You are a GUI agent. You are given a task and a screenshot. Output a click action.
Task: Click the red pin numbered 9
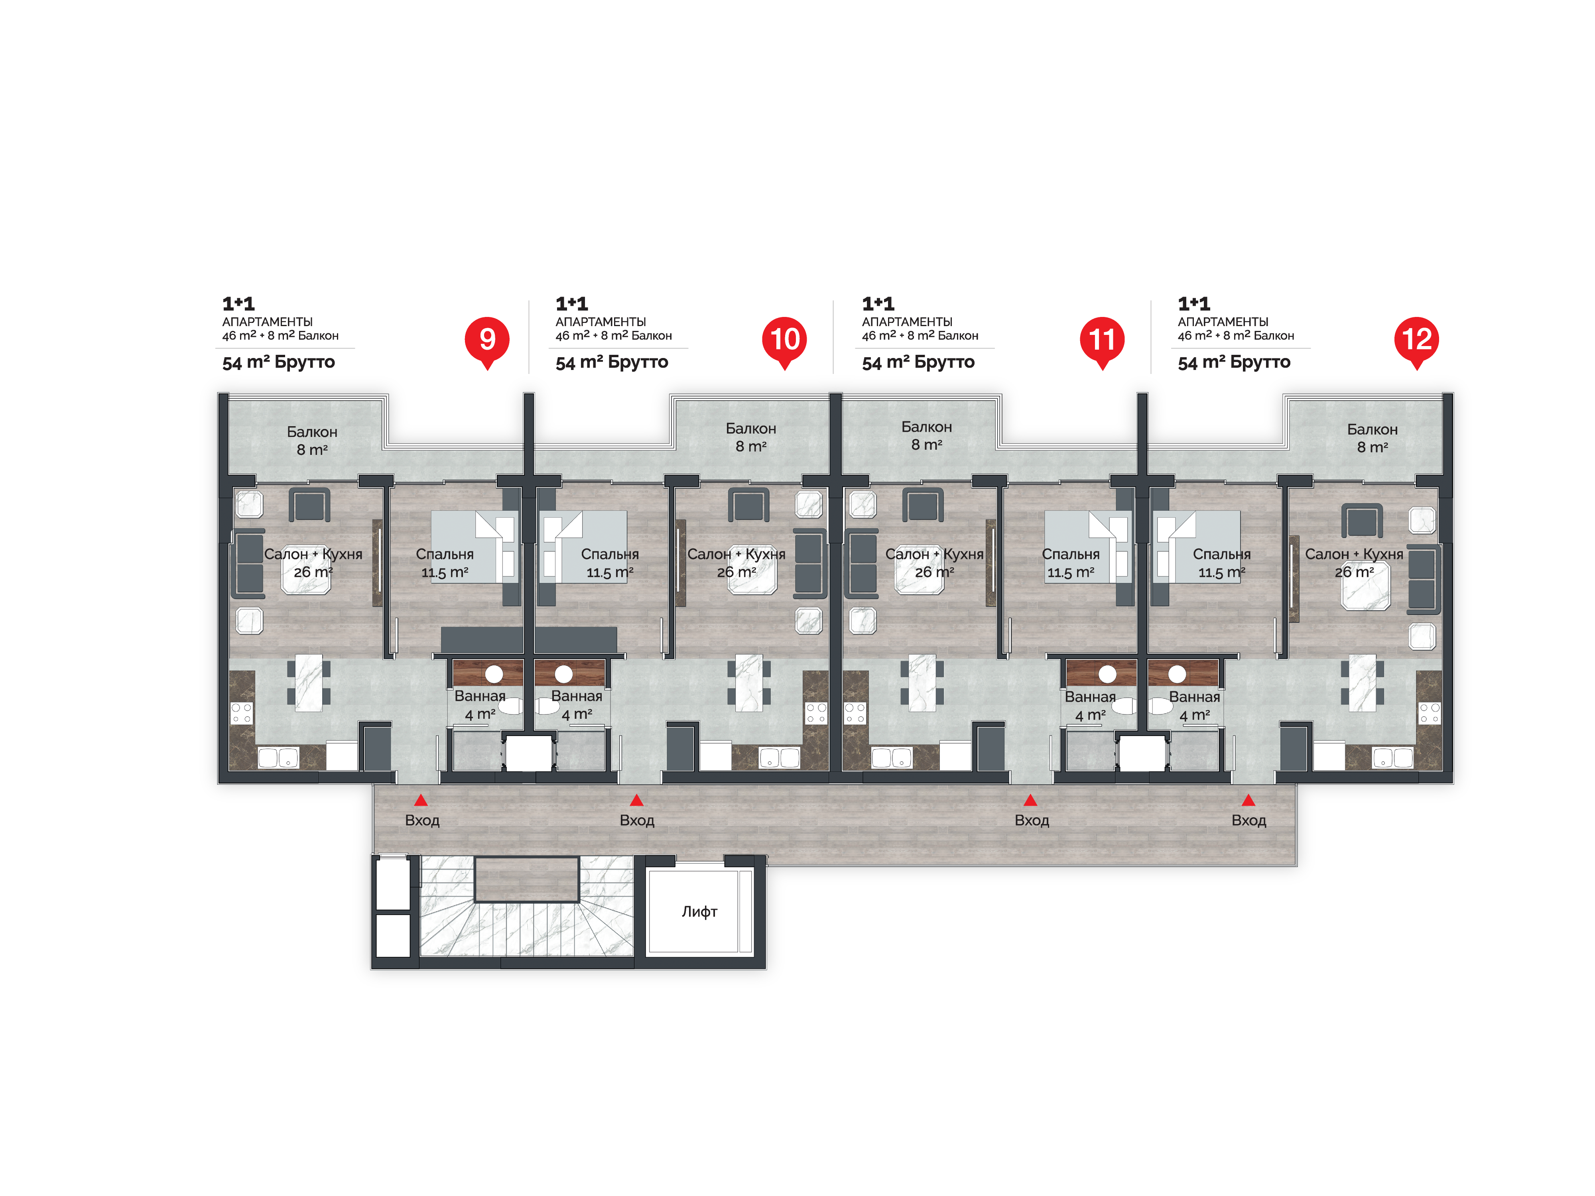point(487,341)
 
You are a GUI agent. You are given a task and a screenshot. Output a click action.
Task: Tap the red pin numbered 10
point(784,341)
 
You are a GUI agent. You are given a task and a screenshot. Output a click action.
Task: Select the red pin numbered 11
point(1102,341)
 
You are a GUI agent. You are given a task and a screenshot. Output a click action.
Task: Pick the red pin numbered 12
point(1416,341)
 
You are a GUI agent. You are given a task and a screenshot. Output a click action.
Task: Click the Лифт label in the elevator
point(699,911)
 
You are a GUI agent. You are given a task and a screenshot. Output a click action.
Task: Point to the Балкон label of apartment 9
point(312,432)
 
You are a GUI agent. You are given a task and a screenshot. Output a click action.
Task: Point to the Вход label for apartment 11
point(1032,820)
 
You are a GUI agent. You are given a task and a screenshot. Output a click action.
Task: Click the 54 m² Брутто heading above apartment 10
point(611,362)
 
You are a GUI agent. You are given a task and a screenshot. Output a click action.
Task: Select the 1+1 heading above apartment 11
point(878,303)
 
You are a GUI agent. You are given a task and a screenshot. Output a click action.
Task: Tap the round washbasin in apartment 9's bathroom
point(494,674)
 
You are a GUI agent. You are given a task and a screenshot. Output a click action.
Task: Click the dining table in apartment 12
point(1362,683)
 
